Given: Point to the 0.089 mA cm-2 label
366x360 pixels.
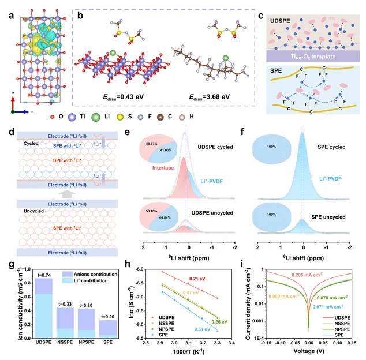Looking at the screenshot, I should (270, 297).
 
